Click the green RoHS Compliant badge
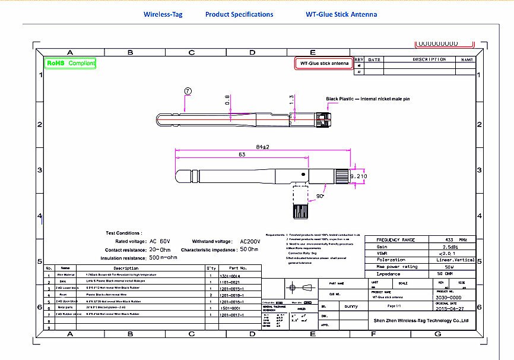70,62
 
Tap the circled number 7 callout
188,91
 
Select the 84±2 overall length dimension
262,147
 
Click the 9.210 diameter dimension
359,176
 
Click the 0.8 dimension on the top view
227,100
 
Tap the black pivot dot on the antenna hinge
303,175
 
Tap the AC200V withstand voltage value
250,242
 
